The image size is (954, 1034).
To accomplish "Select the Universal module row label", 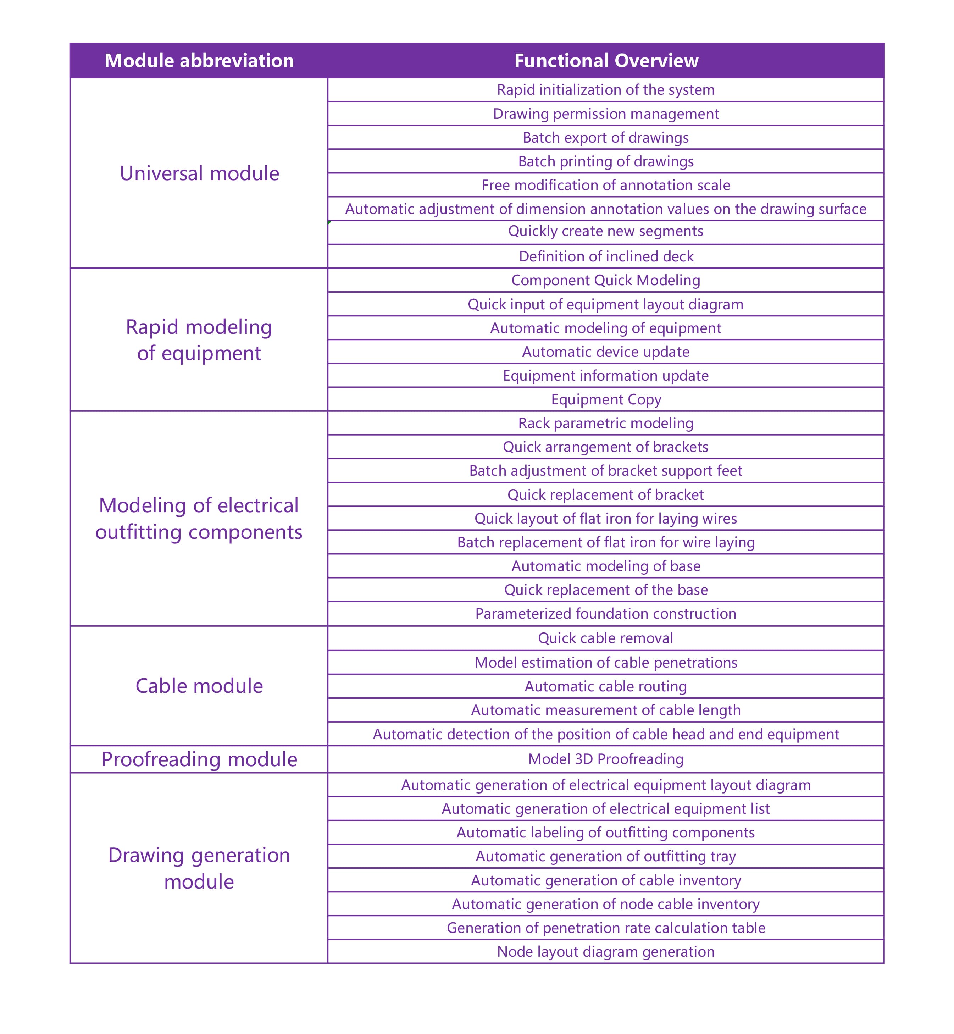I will coord(199,173).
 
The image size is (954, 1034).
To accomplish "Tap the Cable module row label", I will coord(199,686).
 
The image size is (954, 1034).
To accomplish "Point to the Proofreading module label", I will coord(199,759).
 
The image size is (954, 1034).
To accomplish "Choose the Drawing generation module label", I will coord(199,868).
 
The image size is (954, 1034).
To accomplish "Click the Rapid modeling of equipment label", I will coord(199,340).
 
